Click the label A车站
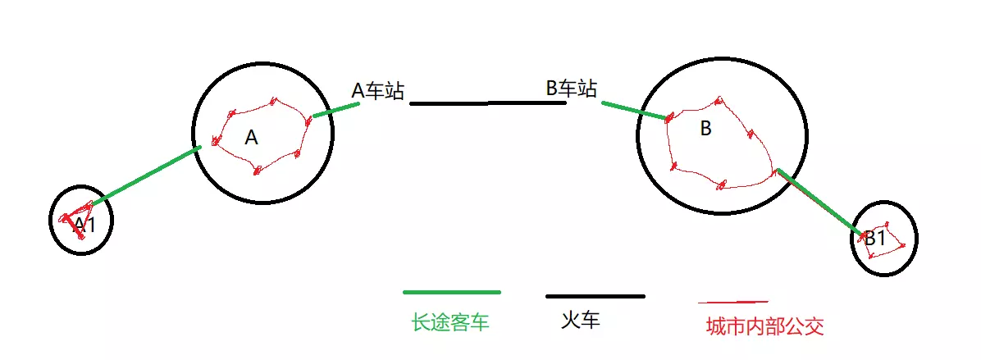(377, 90)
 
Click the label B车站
(571, 88)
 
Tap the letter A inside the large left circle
(252, 138)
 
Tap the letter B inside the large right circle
(705, 129)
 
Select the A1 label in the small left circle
(84, 224)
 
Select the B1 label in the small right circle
(875, 239)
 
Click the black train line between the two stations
(487, 103)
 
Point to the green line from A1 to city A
(144, 176)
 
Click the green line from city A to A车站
(335, 110)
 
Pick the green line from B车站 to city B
(635, 111)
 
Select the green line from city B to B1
(817, 201)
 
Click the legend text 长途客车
(450, 322)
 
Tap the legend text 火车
(581, 320)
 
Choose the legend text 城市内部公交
(764, 326)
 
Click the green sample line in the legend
(451, 292)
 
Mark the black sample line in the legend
(595, 296)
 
